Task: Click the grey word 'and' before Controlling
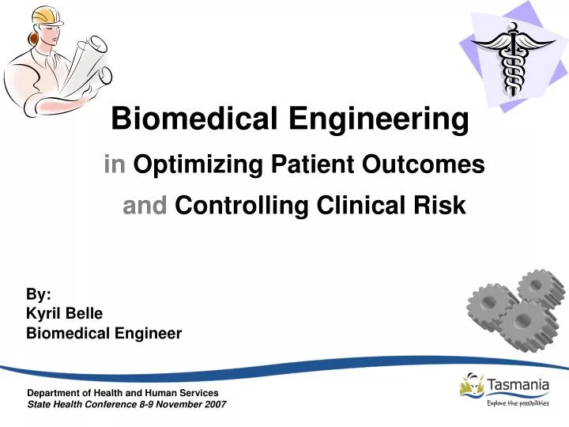[x=145, y=206]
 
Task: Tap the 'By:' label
[x=39, y=294]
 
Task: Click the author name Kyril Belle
[x=65, y=313]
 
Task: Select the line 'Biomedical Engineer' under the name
[x=104, y=333]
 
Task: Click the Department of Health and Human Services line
[x=122, y=393]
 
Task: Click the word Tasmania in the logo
[x=519, y=385]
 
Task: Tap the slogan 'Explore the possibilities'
[x=518, y=403]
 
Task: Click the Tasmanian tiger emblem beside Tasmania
[x=472, y=387]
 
